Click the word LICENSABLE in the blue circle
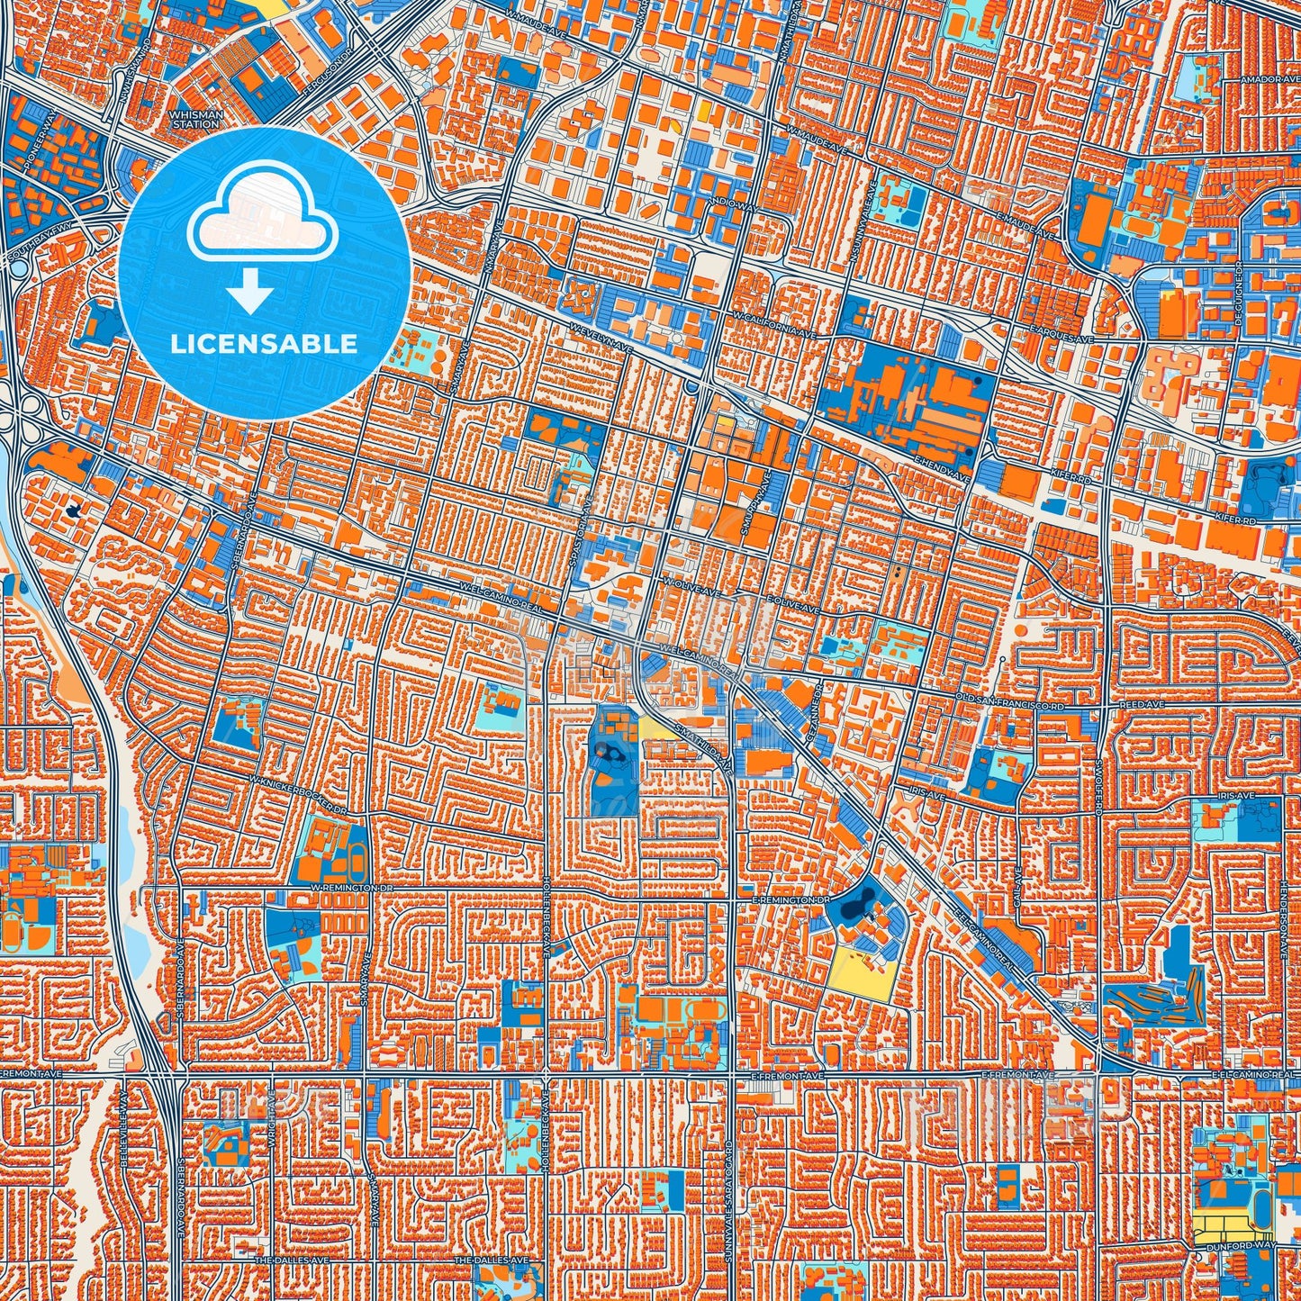pos(264,344)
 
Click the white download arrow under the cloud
pos(251,294)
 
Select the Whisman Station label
pos(194,120)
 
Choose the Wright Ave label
pos(271,1114)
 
